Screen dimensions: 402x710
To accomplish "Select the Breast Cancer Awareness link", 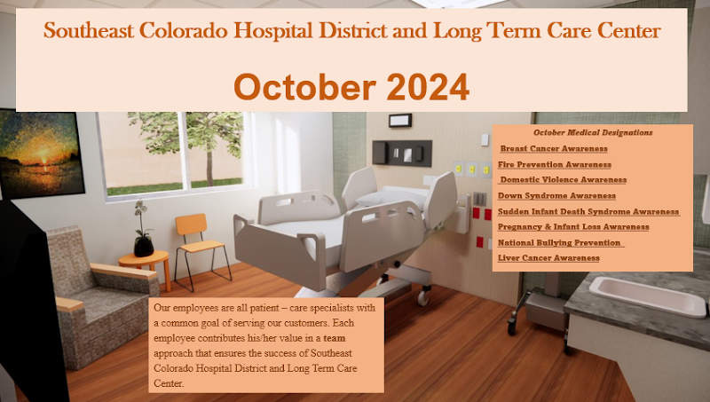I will [554, 149].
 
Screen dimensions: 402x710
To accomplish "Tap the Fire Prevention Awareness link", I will [555, 164].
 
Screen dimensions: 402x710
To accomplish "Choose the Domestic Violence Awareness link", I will [562, 180].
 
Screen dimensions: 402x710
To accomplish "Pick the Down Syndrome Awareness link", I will [556, 195].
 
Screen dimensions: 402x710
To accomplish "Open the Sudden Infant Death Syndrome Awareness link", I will [588, 211].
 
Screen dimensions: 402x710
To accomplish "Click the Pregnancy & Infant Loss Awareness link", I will [573, 227].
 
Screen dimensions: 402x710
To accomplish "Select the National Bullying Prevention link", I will [560, 242].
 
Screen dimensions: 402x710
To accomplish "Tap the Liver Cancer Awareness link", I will [548, 257].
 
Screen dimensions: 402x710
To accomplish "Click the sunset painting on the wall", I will [40, 154].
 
